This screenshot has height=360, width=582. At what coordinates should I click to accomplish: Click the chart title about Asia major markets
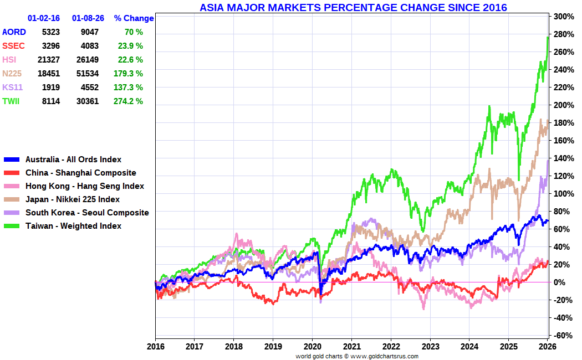point(353,7)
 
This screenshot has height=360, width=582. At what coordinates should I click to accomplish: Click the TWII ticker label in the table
point(11,101)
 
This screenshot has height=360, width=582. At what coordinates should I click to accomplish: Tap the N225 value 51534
point(88,73)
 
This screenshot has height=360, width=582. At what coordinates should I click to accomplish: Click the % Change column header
point(134,18)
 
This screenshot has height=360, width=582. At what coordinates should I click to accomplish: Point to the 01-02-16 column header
point(44,18)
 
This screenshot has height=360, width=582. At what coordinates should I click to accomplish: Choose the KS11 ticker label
point(12,87)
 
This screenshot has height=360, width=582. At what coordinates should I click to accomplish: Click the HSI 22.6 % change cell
point(131,59)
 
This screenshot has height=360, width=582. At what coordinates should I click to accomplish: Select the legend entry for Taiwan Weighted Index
point(73,225)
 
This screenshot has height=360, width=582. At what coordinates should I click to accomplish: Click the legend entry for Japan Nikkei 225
point(72,199)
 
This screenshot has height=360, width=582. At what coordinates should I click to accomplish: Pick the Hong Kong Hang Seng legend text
point(84,186)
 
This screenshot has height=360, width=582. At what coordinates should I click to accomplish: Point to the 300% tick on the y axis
point(563,17)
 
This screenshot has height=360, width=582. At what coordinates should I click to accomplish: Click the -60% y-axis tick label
point(563,335)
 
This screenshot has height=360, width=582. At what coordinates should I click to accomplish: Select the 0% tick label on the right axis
point(560,282)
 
